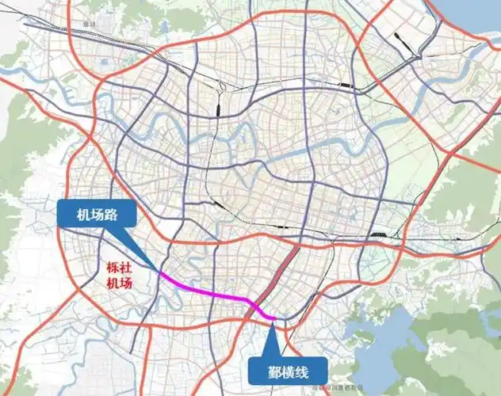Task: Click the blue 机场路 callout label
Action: click(x=96, y=215)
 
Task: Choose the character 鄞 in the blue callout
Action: click(x=260, y=371)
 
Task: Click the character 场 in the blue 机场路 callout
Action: click(x=96, y=215)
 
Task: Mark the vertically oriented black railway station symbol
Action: click(x=217, y=111)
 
